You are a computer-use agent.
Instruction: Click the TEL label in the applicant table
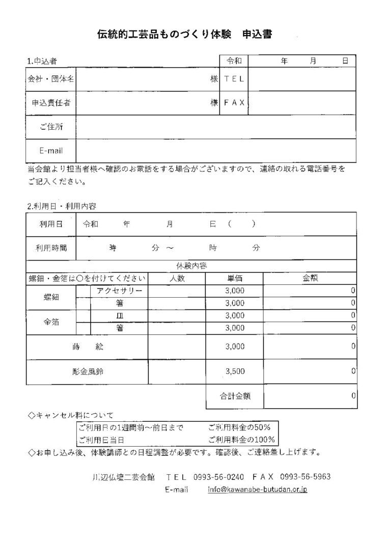click(x=234, y=78)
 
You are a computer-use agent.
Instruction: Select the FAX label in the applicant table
click(x=234, y=102)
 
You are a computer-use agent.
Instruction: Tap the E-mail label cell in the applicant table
click(x=50, y=151)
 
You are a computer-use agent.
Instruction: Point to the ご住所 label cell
click(x=50, y=127)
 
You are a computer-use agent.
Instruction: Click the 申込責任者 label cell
click(x=50, y=103)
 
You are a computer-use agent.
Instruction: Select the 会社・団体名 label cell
click(x=50, y=79)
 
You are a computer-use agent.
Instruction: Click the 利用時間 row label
click(x=50, y=248)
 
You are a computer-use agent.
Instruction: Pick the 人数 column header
click(x=176, y=278)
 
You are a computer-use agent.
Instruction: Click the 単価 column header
click(x=234, y=278)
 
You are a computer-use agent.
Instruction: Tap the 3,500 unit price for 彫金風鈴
click(x=234, y=372)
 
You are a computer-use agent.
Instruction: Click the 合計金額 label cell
click(x=234, y=395)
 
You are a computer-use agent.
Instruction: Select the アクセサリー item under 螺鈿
click(x=119, y=291)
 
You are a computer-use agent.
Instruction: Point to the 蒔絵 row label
click(x=87, y=347)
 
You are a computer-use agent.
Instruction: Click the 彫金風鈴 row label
click(x=87, y=372)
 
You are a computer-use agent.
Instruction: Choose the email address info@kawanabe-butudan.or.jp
click(x=257, y=490)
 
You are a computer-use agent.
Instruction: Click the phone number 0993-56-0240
click(x=219, y=477)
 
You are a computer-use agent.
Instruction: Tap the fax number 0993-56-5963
click(x=306, y=477)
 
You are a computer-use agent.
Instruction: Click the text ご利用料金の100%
click(x=241, y=439)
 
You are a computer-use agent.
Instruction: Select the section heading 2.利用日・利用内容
click(x=62, y=206)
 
